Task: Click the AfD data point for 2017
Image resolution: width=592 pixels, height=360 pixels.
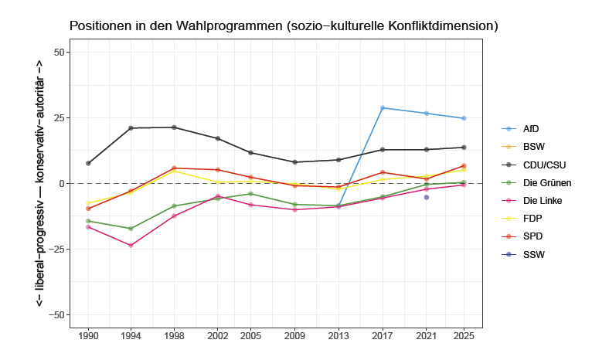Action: coord(383,108)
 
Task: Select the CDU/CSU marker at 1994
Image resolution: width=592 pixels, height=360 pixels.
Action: coord(131,128)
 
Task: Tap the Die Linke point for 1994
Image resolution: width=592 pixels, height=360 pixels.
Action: coord(131,246)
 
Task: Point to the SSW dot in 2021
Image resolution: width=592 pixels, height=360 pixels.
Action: coord(426,197)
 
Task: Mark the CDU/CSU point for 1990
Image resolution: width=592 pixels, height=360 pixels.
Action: coord(88,163)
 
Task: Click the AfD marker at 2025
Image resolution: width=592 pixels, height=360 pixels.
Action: coord(464,118)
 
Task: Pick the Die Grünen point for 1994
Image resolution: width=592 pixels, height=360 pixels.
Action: coord(131,229)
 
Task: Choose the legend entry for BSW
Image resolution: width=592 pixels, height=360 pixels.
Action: coord(533,146)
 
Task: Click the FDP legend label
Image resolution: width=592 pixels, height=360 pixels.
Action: coord(532,219)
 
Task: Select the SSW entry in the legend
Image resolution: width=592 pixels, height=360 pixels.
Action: coord(533,254)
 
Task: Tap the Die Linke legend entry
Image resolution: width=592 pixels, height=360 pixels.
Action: coord(542,201)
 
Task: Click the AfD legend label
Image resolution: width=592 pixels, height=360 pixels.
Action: coord(531,128)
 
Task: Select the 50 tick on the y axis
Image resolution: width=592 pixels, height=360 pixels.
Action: coord(58,53)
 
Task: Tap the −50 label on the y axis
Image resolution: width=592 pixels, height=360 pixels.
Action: coord(55,315)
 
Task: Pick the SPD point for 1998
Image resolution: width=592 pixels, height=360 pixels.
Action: coord(174,168)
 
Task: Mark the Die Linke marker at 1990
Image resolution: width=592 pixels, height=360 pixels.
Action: coord(88,227)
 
